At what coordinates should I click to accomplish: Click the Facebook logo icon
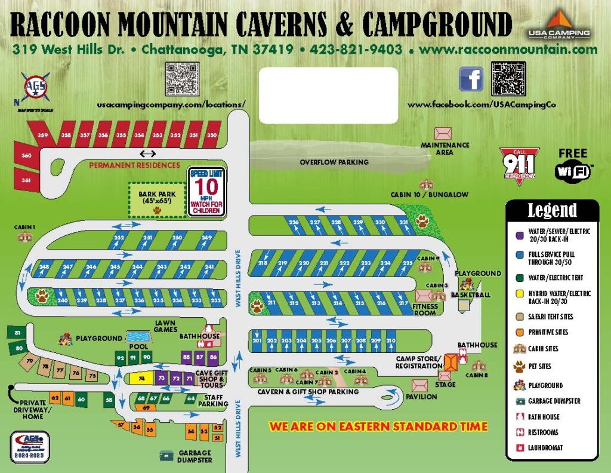pyautogui.click(x=471, y=79)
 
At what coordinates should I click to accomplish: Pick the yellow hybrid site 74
pyautogui.click(x=141, y=379)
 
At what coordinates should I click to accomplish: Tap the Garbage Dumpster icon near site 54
pyautogui.click(x=166, y=456)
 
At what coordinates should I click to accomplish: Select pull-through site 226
pyautogui.click(x=294, y=225)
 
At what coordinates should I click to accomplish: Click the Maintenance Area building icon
pyautogui.click(x=443, y=133)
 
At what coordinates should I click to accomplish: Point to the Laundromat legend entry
pyautogui.click(x=543, y=447)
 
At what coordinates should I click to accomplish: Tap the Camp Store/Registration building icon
pyautogui.click(x=450, y=361)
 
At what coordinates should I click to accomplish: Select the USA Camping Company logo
pyautogui.click(x=558, y=26)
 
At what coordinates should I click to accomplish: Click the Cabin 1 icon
pyautogui.click(x=25, y=236)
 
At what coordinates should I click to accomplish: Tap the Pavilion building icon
pyautogui.click(x=420, y=385)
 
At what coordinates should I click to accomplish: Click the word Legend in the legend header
pyautogui.click(x=552, y=210)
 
